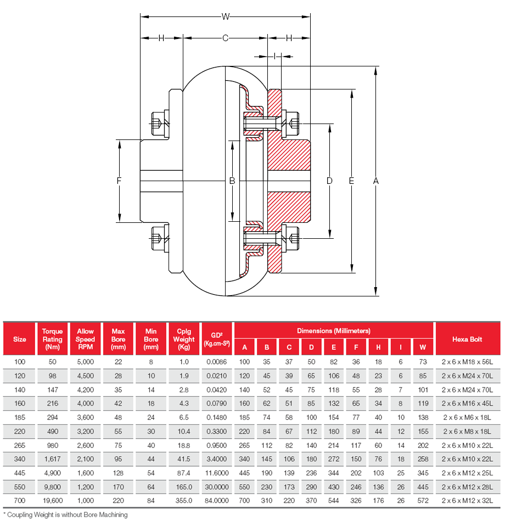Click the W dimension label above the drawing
pyautogui.click(x=225, y=17)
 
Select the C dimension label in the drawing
pyautogui.click(x=225, y=38)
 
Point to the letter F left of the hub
pyautogui.click(x=119, y=181)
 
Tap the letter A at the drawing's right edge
pyautogui.click(x=375, y=181)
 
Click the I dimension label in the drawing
pyautogui.click(x=274, y=56)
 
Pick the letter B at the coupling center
pyautogui.click(x=232, y=181)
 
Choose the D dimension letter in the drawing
pyautogui.click(x=329, y=181)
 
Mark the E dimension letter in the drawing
pyautogui.click(x=351, y=181)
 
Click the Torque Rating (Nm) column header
pyautogui.click(x=52, y=339)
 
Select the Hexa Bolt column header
pyautogui.click(x=467, y=339)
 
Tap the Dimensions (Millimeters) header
pyautogui.click(x=334, y=330)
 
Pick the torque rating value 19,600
pyautogui.click(x=52, y=500)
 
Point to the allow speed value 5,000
pyautogui.click(x=85, y=362)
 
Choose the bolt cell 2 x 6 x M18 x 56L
pyautogui.click(x=467, y=362)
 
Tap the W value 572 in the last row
pyautogui.click(x=422, y=500)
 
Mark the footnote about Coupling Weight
pyautogui.click(x=66, y=515)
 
